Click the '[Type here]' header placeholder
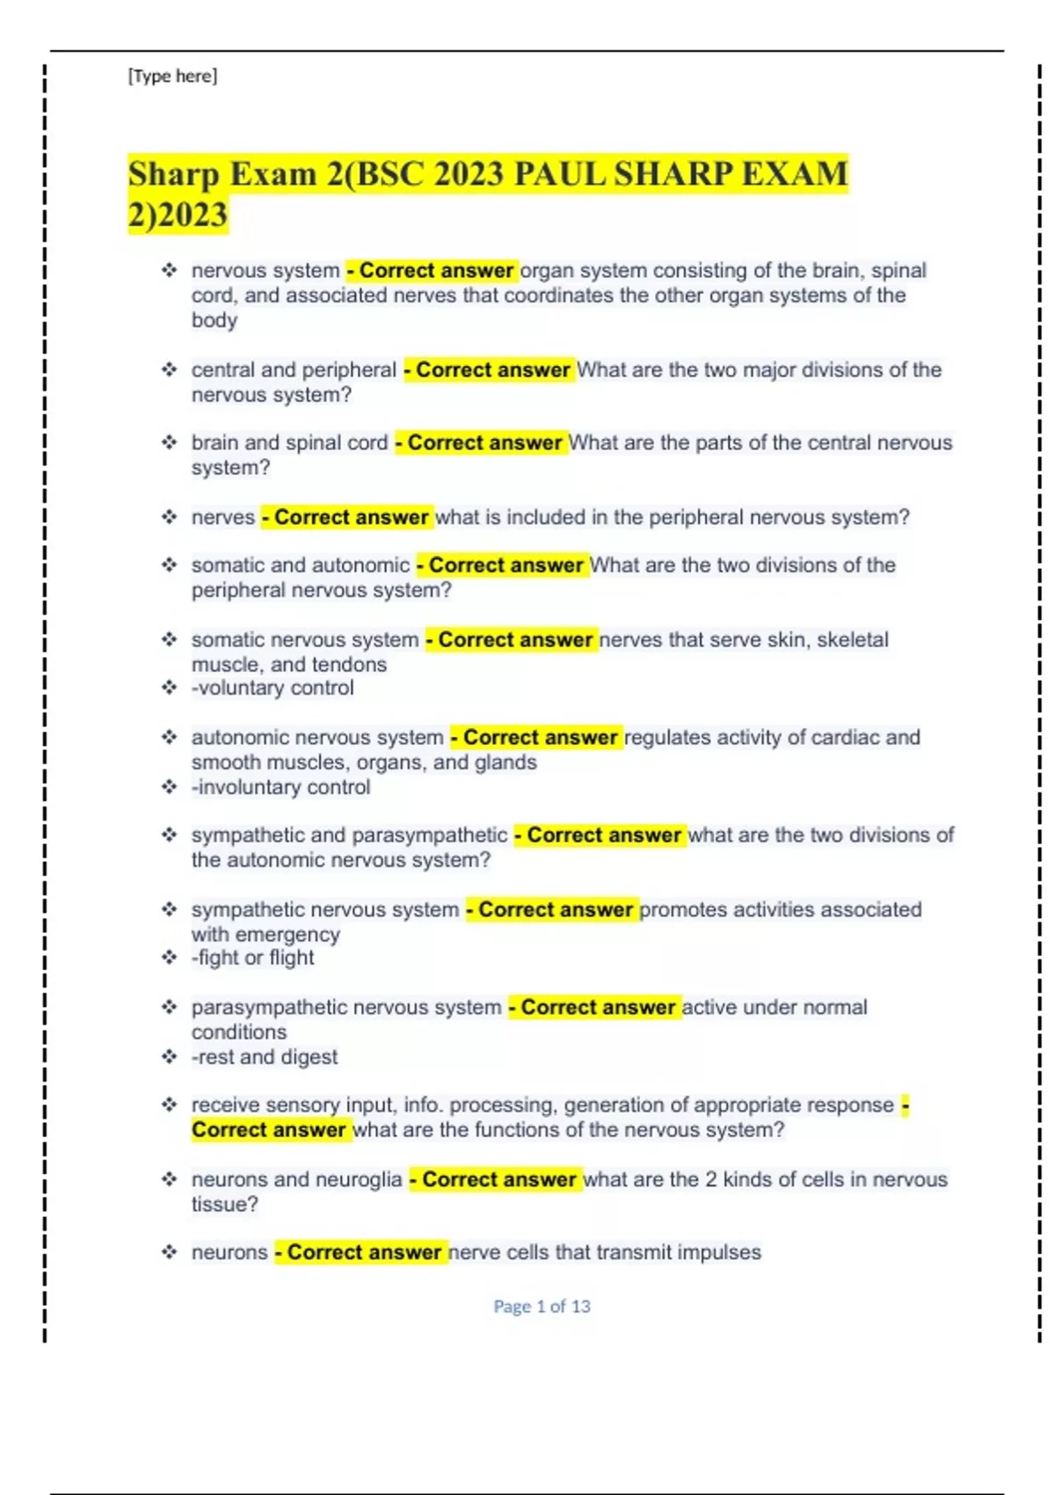pos(172,77)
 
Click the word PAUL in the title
pos(559,174)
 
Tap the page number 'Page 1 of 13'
pos(542,1307)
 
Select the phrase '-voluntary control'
pos(273,689)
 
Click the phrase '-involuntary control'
pos(280,787)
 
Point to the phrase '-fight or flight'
pos(252,958)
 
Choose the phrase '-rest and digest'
pos(264,1057)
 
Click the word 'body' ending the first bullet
pos(215,320)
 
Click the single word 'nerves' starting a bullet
pos(223,517)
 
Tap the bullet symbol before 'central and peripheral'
pos(169,369)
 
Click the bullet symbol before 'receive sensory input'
pos(169,1105)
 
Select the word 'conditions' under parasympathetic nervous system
pos(239,1032)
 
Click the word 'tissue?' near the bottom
pos(225,1205)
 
